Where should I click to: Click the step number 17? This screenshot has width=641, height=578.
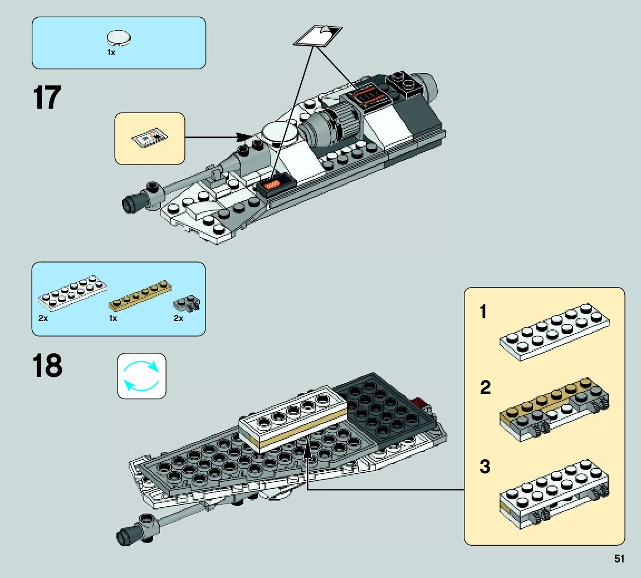point(47,98)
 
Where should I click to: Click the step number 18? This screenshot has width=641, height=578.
point(47,366)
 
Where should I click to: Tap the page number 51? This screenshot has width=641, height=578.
point(618,558)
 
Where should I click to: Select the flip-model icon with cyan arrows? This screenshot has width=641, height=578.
point(141,376)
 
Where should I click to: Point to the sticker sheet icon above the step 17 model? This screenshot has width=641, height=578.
point(317,36)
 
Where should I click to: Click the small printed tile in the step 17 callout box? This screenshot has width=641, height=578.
point(149,137)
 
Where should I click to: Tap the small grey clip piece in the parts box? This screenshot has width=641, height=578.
point(187,303)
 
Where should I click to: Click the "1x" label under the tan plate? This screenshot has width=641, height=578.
point(113,318)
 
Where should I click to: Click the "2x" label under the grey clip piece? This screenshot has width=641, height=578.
point(178,318)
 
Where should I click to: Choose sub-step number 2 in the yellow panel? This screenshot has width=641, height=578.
point(485,388)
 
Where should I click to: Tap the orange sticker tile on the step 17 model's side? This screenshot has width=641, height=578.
point(273,184)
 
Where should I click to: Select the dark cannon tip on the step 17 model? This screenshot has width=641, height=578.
point(131,202)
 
